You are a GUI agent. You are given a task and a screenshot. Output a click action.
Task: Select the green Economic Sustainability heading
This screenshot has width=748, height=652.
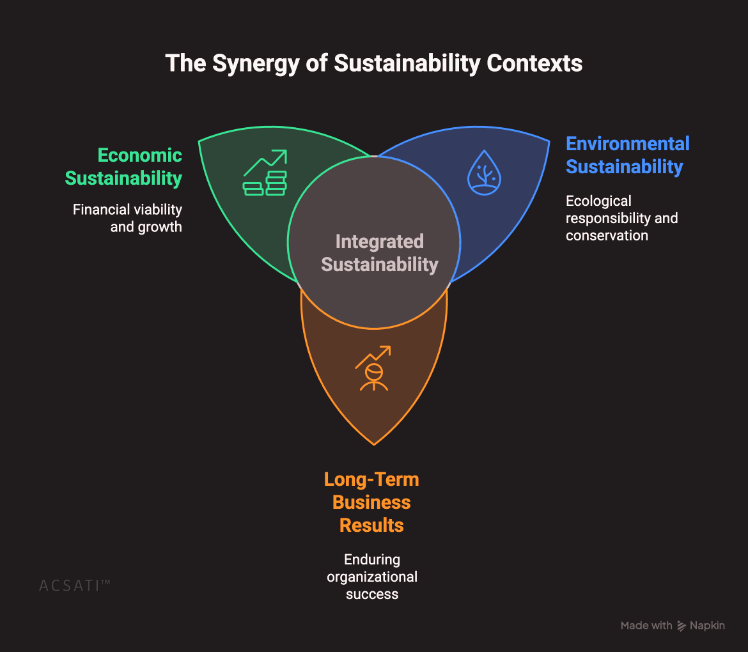pyautogui.click(x=124, y=167)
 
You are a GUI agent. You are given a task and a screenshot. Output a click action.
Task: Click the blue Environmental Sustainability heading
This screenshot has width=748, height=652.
pyautogui.click(x=628, y=155)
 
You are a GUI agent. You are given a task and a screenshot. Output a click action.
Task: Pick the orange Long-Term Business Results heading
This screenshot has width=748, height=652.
pyautogui.click(x=371, y=502)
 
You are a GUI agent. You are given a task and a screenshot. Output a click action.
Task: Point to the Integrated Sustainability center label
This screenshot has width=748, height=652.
pyautogui.click(x=380, y=253)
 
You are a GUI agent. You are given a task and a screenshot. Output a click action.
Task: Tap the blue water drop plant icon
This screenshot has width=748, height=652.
pyautogui.click(x=485, y=173)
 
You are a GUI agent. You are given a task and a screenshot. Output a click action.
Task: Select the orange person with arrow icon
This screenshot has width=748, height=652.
pyautogui.click(x=373, y=368)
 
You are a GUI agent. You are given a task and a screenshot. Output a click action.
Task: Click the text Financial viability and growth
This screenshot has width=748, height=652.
pyautogui.click(x=128, y=218)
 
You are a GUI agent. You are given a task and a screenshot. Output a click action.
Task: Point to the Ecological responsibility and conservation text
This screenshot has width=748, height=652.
pyautogui.click(x=621, y=218)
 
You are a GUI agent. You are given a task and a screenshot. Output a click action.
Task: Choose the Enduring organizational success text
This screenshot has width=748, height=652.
pyautogui.click(x=372, y=577)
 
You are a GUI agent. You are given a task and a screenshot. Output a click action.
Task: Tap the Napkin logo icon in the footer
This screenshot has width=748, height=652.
pyautogui.click(x=682, y=626)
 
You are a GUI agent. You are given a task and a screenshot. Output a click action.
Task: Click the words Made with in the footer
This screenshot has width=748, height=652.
pyautogui.click(x=646, y=626)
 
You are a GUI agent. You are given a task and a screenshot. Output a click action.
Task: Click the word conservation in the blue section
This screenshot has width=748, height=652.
pyautogui.click(x=607, y=235)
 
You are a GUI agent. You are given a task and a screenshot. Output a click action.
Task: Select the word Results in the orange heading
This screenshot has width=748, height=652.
pyautogui.click(x=371, y=525)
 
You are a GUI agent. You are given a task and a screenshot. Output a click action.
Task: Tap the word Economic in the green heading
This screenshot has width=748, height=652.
pyautogui.click(x=140, y=155)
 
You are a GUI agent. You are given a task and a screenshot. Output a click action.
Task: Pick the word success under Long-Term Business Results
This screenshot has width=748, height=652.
pyautogui.click(x=372, y=594)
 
